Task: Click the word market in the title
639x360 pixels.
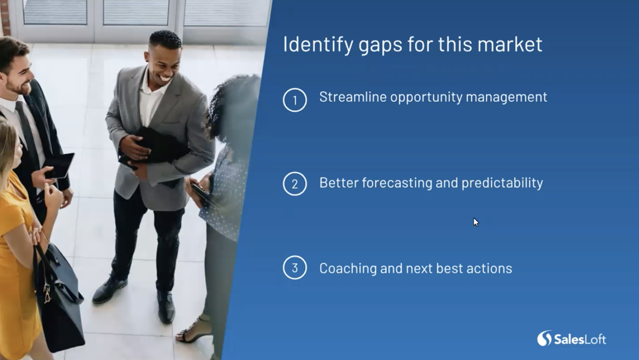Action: click(x=510, y=44)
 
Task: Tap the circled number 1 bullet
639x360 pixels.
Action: click(x=295, y=100)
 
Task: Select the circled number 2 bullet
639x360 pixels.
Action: click(x=295, y=183)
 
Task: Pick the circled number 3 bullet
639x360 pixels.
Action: click(x=295, y=267)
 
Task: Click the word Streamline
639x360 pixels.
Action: click(x=353, y=97)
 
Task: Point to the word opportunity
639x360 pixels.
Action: click(x=426, y=97)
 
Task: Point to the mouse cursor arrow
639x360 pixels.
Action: click(x=476, y=222)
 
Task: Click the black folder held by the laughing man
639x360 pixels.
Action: click(x=154, y=149)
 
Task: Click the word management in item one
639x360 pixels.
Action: click(x=506, y=97)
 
